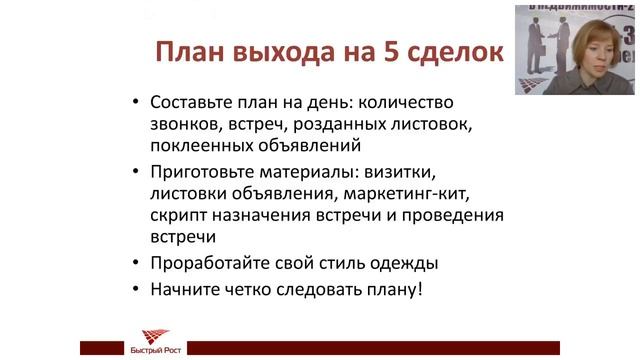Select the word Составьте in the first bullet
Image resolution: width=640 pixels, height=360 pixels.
(195, 102)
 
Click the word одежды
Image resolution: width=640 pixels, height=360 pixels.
(404, 265)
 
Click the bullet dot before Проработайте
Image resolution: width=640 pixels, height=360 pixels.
(136, 266)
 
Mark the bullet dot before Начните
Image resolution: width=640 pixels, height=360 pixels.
(136, 292)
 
